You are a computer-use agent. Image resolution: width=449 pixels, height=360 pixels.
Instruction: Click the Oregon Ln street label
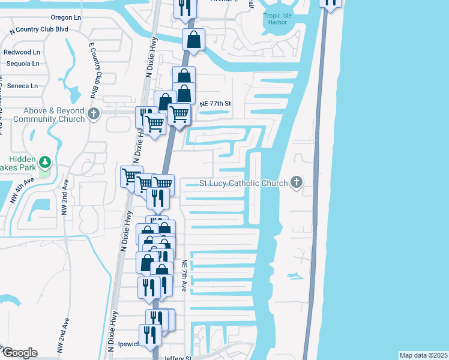point(66,18)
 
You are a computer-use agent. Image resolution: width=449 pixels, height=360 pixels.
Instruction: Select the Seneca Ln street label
point(22,86)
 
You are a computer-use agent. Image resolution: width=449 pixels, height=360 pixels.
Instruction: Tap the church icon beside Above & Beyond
point(93,114)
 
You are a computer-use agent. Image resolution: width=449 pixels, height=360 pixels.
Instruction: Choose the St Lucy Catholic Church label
point(244,183)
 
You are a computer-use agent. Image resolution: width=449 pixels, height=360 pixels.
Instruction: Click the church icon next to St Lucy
point(295,182)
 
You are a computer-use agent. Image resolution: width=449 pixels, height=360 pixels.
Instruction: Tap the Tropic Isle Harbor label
point(280,20)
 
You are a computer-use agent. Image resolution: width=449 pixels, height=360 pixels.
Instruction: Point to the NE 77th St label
point(215,104)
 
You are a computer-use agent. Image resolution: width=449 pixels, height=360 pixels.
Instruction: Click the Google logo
point(19,353)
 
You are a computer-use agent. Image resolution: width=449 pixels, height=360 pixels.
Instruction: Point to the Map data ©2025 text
point(423,355)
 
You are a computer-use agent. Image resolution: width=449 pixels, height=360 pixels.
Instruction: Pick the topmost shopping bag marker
point(194,40)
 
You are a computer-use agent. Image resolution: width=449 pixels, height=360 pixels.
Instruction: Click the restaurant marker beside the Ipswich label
point(149,335)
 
